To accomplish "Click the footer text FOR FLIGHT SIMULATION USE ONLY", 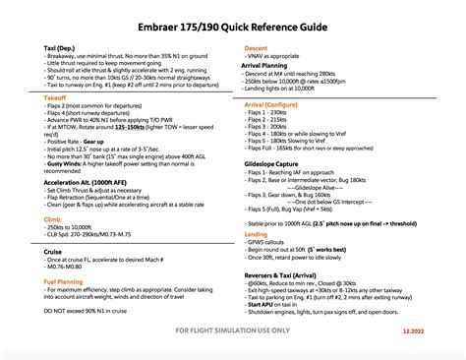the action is (x=233, y=331).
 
